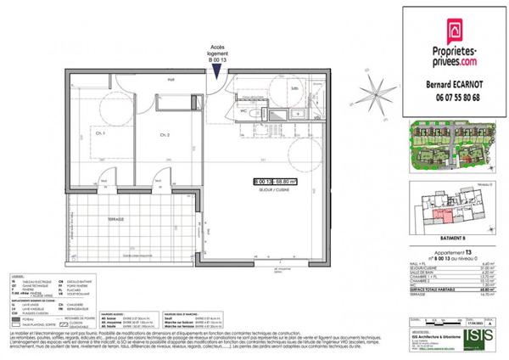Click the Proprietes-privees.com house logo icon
[454, 31]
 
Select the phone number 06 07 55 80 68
[454, 97]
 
